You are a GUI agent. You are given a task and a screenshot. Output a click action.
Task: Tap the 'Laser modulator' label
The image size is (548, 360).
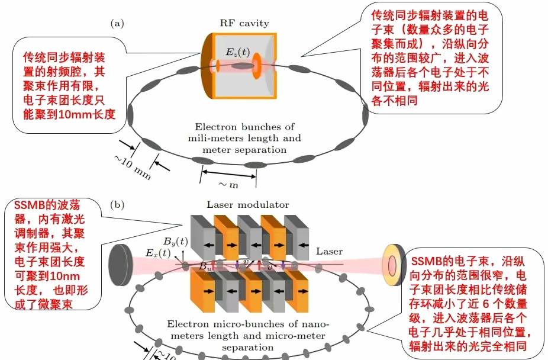[248, 205]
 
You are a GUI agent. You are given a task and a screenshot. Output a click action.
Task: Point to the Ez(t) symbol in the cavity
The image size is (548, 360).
[234, 52]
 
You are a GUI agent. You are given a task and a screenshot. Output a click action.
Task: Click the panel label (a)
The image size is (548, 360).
[117, 23]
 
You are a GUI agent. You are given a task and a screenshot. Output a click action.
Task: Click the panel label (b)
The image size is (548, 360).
[117, 205]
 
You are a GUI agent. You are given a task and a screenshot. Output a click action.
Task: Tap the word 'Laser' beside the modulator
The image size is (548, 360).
[329, 252]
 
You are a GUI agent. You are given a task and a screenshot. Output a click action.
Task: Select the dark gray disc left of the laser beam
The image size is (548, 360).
[121, 261]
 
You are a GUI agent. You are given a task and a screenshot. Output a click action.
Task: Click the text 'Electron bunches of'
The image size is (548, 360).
[244, 127]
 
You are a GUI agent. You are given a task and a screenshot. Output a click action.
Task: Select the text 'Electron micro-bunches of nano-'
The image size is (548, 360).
[247, 324]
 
